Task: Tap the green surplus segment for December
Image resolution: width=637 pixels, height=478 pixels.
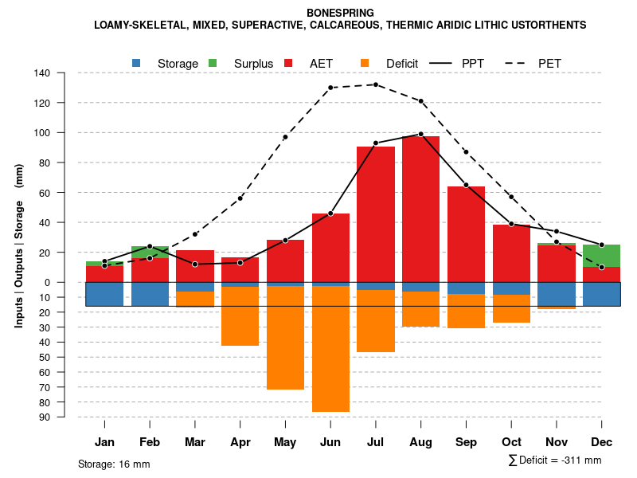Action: coord(602,256)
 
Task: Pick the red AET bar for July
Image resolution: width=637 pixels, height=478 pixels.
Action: coord(376,214)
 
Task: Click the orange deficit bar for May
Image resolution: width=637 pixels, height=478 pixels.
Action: coord(285,338)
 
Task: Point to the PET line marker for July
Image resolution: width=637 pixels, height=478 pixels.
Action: coord(376,84)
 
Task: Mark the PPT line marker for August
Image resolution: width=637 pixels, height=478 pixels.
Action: coord(421,134)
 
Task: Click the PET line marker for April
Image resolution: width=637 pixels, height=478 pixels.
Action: coord(240,198)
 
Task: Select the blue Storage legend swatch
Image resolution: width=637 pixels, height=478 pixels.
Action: coord(137,63)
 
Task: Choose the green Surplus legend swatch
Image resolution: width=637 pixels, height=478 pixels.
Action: coord(213,63)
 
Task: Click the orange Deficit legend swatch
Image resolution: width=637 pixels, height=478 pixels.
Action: coord(365,63)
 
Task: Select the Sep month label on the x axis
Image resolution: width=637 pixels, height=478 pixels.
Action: coord(467,442)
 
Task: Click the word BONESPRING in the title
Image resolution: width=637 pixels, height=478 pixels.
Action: coord(340,13)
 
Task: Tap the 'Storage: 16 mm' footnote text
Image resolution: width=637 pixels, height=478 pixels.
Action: coord(114,464)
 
